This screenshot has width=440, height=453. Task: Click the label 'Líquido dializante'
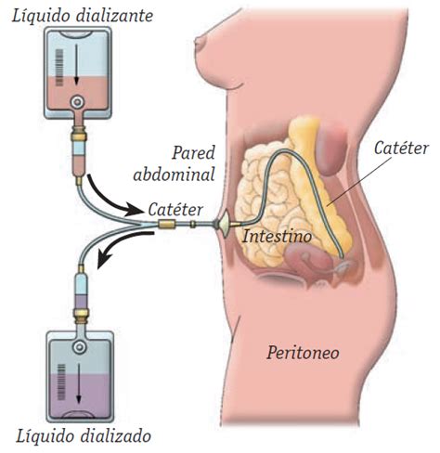click(83, 16)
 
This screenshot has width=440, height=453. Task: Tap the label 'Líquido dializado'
click(84, 435)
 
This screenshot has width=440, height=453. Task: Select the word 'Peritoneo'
click(303, 353)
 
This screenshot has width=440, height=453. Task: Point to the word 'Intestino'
click(277, 237)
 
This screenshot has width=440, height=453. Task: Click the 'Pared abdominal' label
click(175, 163)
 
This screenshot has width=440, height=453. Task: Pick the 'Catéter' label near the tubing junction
click(175, 210)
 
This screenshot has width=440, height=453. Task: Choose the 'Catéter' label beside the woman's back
click(401, 148)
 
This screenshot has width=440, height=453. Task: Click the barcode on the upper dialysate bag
click(58, 68)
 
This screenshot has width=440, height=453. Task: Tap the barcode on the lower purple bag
click(61, 382)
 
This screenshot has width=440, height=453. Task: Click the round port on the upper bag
click(77, 102)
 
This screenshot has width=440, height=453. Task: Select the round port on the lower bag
click(80, 347)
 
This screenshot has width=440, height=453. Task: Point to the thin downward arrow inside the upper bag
click(76, 65)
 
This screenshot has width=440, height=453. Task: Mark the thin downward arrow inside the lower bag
click(79, 383)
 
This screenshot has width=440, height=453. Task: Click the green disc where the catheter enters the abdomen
click(224, 224)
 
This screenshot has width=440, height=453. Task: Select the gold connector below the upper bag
click(79, 134)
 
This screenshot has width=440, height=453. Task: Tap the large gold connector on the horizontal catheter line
click(166, 224)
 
